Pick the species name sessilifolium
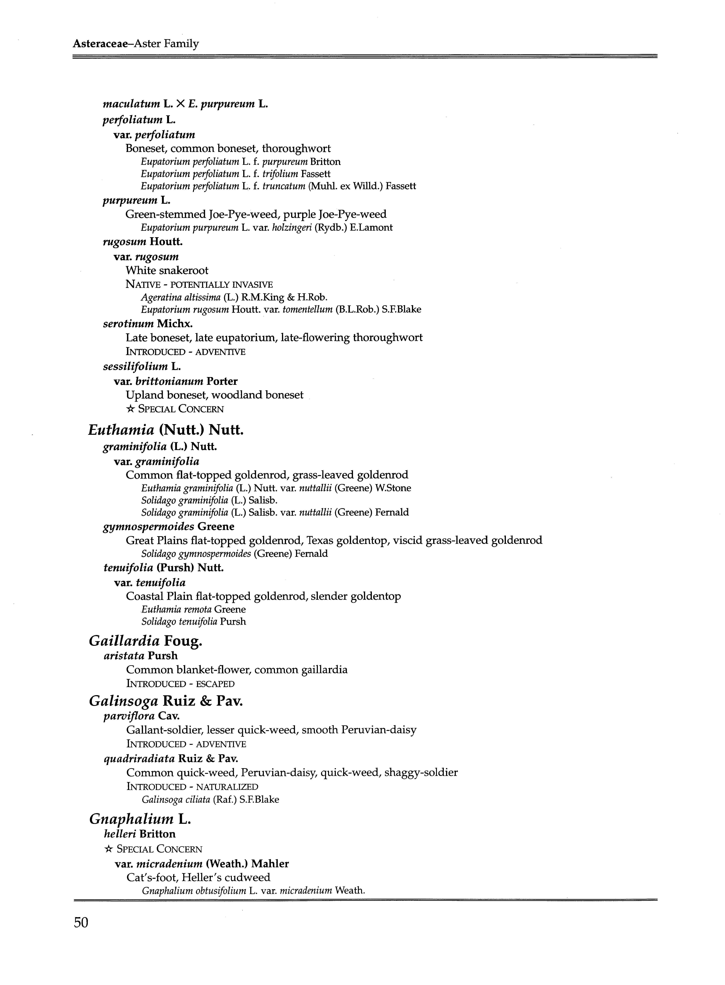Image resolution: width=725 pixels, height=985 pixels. (135, 366)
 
